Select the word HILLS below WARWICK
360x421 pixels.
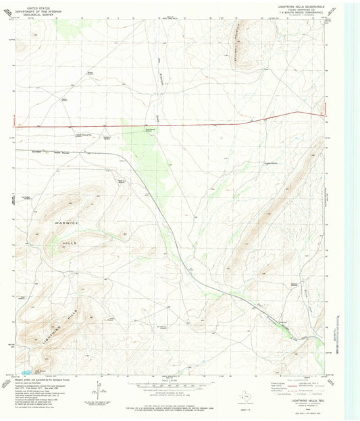(x=63, y=242)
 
